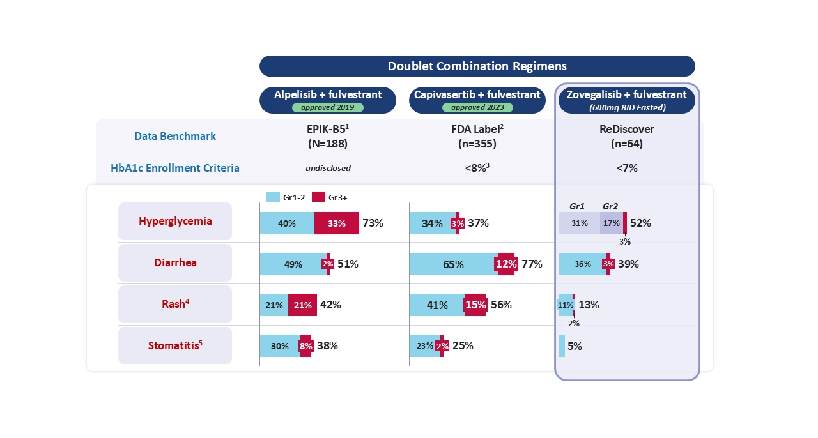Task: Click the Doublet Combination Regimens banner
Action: [477, 66]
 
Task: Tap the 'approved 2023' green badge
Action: [477, 107]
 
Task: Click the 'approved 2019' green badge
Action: [328, 107]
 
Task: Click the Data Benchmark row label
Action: [175, 136]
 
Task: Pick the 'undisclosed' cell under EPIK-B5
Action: [328, 168]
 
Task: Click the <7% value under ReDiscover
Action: [627, 168]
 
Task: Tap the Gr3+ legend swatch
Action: [319, 197]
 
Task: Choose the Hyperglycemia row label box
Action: [175, 221]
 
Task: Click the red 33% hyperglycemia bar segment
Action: [337, 223]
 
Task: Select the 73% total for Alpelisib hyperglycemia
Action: [373, 223]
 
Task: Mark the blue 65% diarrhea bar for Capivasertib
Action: [453, 264]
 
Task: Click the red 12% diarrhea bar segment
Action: [506, 264]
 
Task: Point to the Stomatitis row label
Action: [175, 345]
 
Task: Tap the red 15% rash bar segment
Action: [475, 305]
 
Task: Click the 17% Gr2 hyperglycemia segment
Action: [612, 223]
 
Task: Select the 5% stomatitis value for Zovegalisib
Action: [575, 346]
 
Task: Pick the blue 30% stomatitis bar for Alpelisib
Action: [280, 346]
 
